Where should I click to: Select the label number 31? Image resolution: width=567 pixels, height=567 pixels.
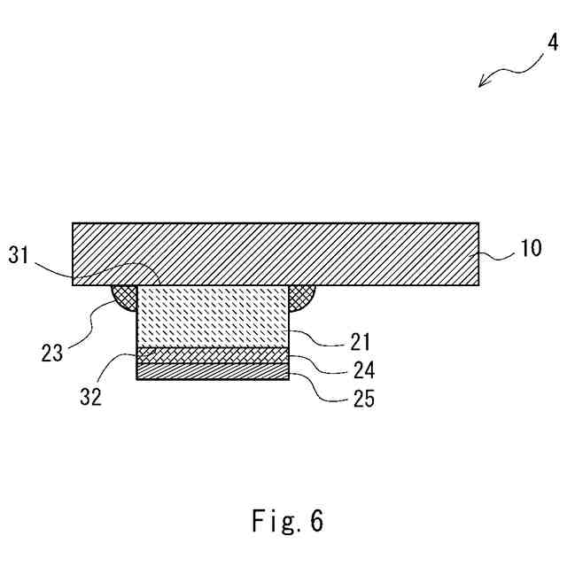[x=19, y=256]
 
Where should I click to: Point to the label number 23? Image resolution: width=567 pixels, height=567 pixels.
[x=52, y=352]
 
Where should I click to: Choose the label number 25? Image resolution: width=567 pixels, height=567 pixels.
[x=363, y=399]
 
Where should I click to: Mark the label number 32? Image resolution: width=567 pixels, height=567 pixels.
[x=90, y=396]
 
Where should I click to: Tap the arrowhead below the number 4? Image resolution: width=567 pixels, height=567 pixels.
[x=484, y=83]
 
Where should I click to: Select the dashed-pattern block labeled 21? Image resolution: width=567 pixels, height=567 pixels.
[x=213, y=315]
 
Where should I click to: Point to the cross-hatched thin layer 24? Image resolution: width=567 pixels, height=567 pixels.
[x=213, y=355]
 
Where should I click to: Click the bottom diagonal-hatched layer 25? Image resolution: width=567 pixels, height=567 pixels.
[x=213, y=371]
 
